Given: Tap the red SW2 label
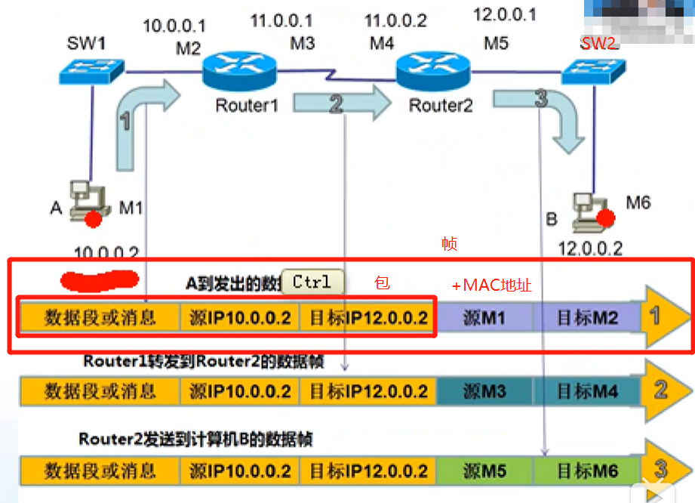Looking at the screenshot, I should (x=598, y=43).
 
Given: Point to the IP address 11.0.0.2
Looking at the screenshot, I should (x=395, y=20).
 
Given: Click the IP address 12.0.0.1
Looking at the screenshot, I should (x=504, y=15).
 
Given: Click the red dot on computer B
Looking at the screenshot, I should (x=604, y=219).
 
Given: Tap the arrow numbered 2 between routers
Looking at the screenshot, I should (x=337, y=103).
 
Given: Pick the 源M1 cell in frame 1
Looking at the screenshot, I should (x=484, y=318).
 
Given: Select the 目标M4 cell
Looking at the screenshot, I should (x=588, y=391).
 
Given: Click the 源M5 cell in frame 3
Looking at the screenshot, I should (x=484, y=472).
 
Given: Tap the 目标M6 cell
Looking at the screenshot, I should (x=588, y=472).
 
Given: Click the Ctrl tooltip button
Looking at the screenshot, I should (x=312, y=282).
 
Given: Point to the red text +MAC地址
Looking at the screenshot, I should (x=491, y=285).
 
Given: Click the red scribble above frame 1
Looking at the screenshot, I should (x=100, y=279).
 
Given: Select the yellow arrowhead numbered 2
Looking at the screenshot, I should (x=664, y=390).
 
